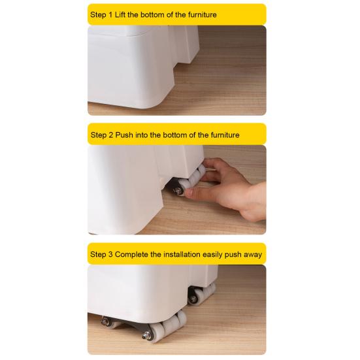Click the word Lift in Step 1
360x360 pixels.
pos(120,14)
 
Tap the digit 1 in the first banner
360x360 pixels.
pos(110,14)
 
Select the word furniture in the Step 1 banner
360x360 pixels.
pos(203,14)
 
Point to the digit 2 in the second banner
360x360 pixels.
pos(111,135)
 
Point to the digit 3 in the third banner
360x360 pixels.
pos(110,254)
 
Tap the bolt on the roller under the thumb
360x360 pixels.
pos(178,191)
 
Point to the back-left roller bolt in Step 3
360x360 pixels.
pos(105,321)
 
